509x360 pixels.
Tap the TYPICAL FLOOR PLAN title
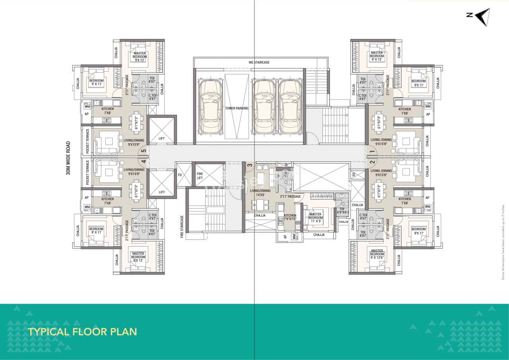[82, 331]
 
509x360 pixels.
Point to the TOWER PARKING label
[237, 108]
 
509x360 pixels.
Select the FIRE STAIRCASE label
[182, 227]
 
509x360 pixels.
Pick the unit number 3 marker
[250, 165]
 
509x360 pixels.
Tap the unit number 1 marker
[372, 152]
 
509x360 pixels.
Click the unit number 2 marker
[372, 162]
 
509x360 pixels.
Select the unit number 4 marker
[143, 162]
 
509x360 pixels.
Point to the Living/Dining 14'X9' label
[260, 193]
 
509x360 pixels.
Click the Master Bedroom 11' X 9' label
[315, 218]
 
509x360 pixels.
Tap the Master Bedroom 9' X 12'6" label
[376, 255]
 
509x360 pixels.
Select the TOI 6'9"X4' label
[342, 211]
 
